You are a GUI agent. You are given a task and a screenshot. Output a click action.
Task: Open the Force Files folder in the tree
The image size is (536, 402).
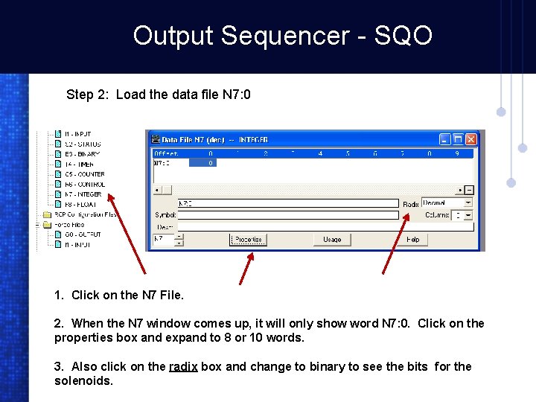coord(68,224)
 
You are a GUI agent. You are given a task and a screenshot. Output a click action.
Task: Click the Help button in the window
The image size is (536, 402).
coord(412,240)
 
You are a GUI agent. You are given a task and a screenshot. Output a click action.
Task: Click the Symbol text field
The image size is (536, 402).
coord(287,214)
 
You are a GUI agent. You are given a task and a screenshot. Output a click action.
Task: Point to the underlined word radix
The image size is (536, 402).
coord(183,366)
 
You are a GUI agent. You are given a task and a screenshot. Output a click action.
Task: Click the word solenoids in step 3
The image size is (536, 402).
coord(83,380)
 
